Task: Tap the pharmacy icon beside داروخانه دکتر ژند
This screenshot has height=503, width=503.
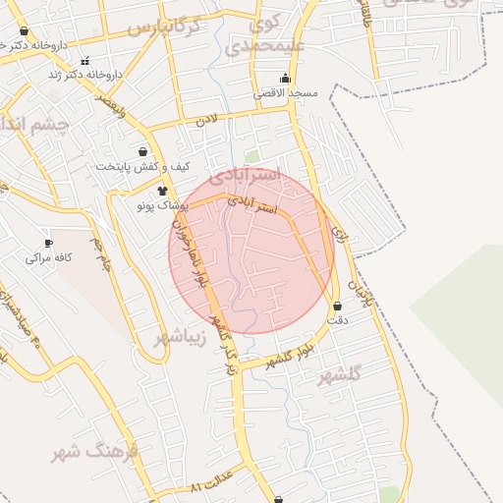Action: (85, 61)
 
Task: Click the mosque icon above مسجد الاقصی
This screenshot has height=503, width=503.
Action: (286, 79)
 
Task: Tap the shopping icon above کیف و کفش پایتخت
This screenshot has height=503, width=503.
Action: (143, 152)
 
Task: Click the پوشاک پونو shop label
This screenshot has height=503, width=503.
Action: (163, 205)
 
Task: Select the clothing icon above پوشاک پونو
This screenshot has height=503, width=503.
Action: (162, 191)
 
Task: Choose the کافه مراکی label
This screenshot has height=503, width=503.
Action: (46, 257)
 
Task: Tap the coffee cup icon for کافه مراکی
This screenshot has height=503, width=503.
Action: (48, 243)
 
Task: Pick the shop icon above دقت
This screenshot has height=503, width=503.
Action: (339, 307)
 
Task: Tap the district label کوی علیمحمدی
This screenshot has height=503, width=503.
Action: (265, 35)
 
